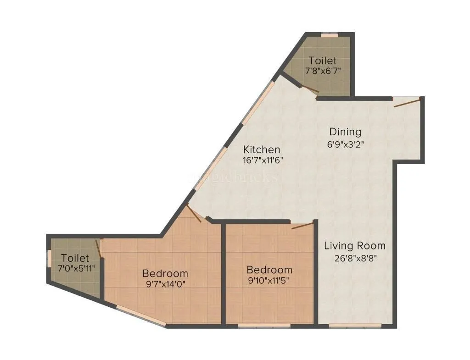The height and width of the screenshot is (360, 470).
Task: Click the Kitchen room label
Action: [261, 150]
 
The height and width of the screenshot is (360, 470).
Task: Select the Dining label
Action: [345, 132]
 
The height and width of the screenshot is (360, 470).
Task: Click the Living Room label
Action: [354, 246]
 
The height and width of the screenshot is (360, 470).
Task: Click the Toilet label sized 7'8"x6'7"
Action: [322, 60]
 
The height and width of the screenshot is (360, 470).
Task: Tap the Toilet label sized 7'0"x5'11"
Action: [75, 258]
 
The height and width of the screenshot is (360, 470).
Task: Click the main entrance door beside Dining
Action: [407, 102]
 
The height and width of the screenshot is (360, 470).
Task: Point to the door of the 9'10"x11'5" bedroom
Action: [302, 224]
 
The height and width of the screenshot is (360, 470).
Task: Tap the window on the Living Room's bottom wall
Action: [355, 326]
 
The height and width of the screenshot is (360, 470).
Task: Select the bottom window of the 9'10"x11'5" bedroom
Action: [264, 326]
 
